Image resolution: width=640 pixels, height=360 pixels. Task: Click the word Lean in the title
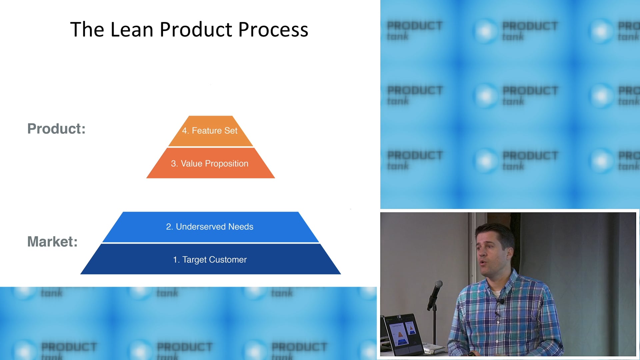click(x=131, y=29)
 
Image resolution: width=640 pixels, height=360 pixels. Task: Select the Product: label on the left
click(x=56, y=129)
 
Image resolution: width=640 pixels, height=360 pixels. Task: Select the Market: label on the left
click(x=52, y=242)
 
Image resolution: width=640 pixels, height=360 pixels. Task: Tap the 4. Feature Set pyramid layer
click(x=210, y=131)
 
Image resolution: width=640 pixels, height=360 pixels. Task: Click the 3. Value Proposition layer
click(x=210, y=163)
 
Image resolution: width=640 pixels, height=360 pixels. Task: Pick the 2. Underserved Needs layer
click(x=210, y=227)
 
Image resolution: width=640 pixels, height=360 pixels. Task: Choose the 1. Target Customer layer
click(x=210, y=259)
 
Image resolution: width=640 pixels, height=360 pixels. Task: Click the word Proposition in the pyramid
click(x=226, y=163)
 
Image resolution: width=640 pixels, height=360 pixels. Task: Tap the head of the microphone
click(x=439, y=284)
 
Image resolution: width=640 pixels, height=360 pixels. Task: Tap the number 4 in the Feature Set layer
click(x=184, y=131)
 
